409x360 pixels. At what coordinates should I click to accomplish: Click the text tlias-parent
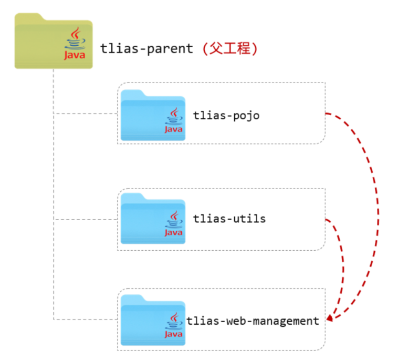[146, 49]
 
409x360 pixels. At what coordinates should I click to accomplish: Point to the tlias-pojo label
[226, 115]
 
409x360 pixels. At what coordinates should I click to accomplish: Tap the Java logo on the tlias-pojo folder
[174, 121]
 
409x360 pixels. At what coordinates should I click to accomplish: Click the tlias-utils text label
[229, 218]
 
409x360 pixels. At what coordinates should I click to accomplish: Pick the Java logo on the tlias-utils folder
[174, 224]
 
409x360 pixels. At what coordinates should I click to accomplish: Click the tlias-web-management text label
[253, 320]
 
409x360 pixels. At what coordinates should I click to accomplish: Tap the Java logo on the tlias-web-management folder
[174, 325]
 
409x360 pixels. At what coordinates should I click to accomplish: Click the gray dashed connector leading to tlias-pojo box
[84, 113]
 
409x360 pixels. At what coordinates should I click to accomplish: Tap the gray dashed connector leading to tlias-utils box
[84, 219]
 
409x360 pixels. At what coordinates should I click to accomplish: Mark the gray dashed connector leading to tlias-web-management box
[84, 319]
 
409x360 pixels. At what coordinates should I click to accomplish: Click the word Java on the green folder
[75, 55]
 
